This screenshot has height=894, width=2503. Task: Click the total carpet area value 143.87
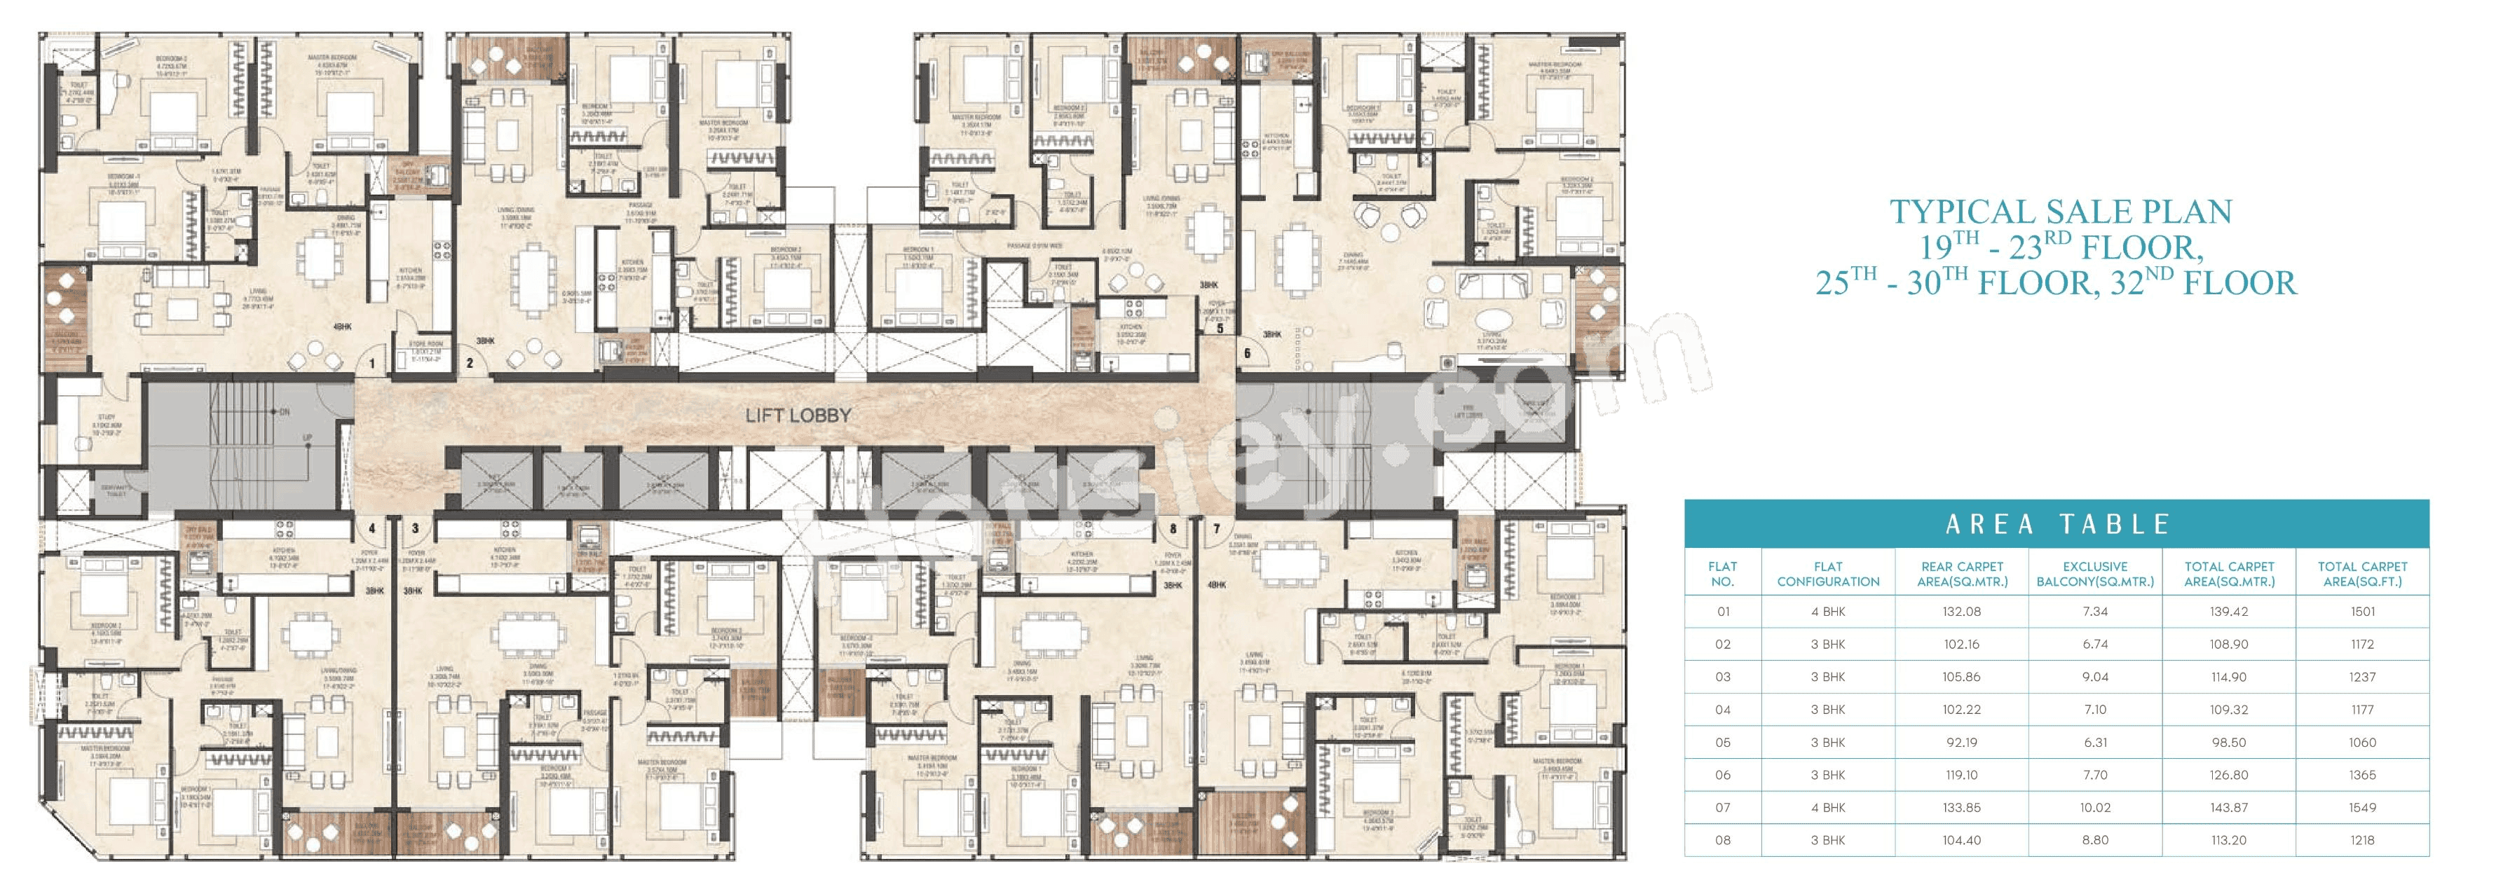pyautogui.click(x=2229, y=808)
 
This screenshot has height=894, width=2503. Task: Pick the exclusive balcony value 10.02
pyautogui.click(x=2095, y=808)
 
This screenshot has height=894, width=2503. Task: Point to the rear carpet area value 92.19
pyautogui.click(x=1962, y=743)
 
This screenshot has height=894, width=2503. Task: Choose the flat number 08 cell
pyautogui.click(x=1723, y=841)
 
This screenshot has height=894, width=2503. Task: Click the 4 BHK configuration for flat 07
pyautogui.click(x=1828, y=808)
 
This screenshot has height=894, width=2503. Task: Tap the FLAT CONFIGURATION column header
pyautogui.click(x=1828, y=575)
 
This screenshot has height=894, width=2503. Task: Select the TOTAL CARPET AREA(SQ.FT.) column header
pyautogui.click(x=2362, y=575)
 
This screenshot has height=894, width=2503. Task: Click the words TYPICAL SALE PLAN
pyautogui.click(x=2060, y=212)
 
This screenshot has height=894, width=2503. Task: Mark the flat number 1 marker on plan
pyautogui.click(x=371, y=364)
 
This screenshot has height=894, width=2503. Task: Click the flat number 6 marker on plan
pyautogui.click(x=1248, y=352)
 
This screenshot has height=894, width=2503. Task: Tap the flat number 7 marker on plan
pyautogui.click(x=1217, y=530)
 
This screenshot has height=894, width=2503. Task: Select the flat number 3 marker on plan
pyautogui.click(x=416, y=530)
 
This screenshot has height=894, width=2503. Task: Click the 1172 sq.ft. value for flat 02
pyautogui.click(x=2362, y=645)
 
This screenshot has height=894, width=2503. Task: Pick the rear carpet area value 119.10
pyautogui.click(x=1962, y=776)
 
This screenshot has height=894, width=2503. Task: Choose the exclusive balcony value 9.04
pyautogui.click(x=2095, y=678)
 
